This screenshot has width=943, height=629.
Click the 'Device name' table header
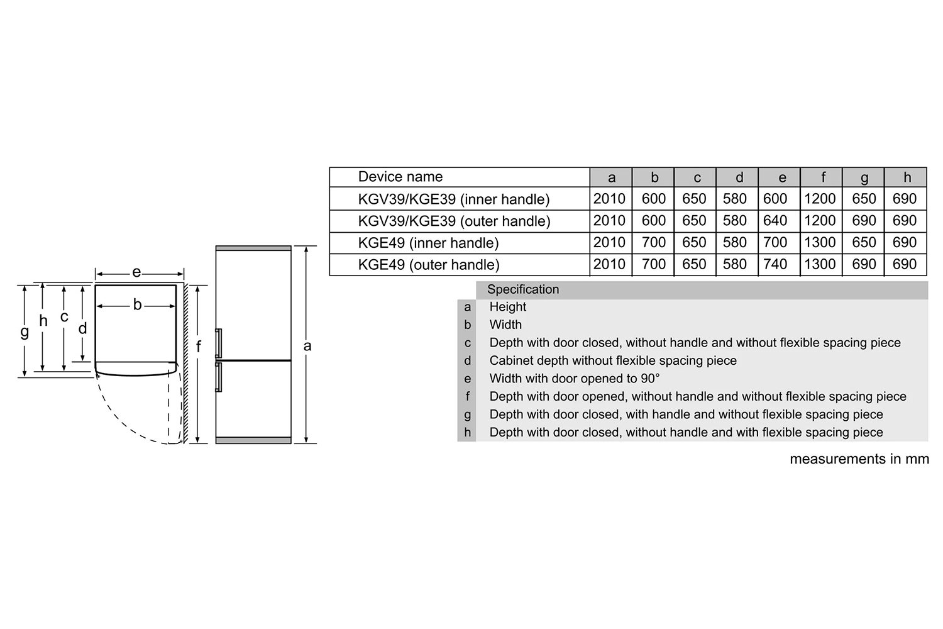click(400, 177)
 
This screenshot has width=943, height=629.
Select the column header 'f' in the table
click(822, 177)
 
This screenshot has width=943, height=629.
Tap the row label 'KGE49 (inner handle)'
click(428, 243)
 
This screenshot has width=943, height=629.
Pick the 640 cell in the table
click(775, 221)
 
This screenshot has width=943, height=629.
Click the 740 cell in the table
click(775, 264)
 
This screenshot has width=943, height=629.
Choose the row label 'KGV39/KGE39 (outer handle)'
click(454, 221)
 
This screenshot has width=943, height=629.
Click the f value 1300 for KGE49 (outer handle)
click(820, 264)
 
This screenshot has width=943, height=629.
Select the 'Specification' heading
click(522, 289)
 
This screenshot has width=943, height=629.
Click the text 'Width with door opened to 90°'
click(575, 379)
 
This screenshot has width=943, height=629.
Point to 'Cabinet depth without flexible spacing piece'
click(613, 361)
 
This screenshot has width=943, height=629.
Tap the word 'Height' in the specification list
click(508, 307)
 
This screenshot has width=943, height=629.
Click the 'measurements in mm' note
click(859, 459)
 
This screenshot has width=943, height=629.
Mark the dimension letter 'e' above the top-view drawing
click(136, 272)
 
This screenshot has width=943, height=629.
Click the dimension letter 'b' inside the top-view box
click(137, 305)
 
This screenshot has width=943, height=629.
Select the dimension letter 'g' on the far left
click(25, 331)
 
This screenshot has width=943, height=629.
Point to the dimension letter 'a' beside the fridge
click(307, 345)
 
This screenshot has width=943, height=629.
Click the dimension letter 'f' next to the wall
click(199, 347)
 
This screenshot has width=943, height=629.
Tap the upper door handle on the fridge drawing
click(219, 343)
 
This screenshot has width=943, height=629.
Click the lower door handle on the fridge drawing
click(219, 377)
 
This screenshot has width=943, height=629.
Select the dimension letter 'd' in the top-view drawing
click(82, 328)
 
